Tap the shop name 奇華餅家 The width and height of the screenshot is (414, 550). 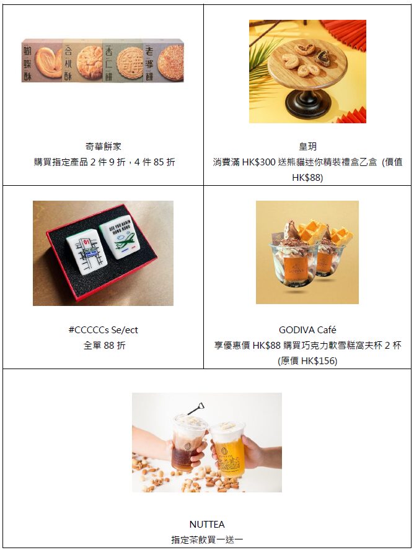(x=103, y=146)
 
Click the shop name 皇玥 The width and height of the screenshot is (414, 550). (x=307, y=146)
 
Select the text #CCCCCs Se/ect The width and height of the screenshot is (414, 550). (x=103, y=330)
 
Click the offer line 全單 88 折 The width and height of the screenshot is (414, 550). (x=104, y=346)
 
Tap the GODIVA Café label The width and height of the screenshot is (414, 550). (x=307, y=330)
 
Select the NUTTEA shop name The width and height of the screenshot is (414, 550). (x=207, y=524)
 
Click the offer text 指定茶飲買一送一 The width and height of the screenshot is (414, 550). (x=207, y=539)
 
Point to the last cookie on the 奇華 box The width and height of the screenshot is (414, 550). (x=170, y=61)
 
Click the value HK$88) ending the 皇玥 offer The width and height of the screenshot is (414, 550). (x=307, y=177)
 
